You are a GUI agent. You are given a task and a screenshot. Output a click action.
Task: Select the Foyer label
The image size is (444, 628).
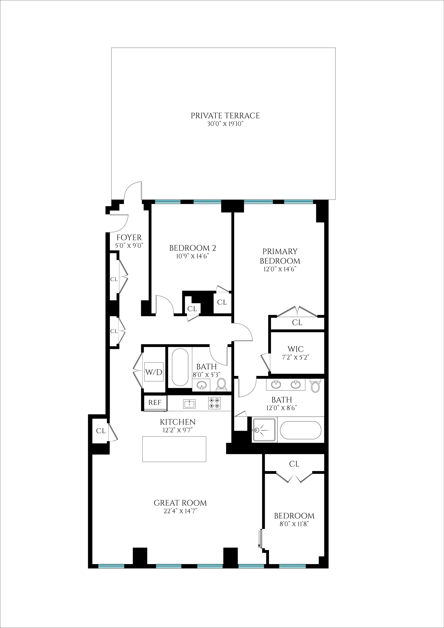click(129, 237)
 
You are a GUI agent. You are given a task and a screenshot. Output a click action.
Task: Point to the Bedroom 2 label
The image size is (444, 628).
click(193, 248)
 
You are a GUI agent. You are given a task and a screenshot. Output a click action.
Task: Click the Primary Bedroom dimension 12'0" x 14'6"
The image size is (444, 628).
click(280, 269)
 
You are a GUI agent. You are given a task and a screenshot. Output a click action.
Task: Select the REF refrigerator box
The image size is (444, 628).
click(155, 403)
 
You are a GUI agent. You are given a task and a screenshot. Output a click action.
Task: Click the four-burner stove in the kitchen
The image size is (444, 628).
click(214, 403)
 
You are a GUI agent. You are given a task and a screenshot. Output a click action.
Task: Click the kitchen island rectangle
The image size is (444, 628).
click(174, 449)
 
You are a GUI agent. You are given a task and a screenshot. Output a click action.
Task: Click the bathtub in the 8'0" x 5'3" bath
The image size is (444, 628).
click(180, 367)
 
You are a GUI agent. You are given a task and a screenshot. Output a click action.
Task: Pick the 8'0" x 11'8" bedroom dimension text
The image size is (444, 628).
click(294, 524)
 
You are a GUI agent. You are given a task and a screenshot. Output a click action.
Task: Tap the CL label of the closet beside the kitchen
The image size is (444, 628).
click(101, 431)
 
